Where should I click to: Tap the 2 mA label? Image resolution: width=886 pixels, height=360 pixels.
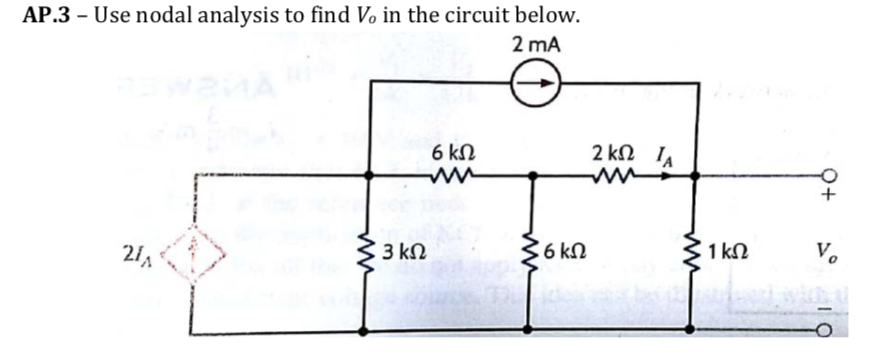pos(535,45)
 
